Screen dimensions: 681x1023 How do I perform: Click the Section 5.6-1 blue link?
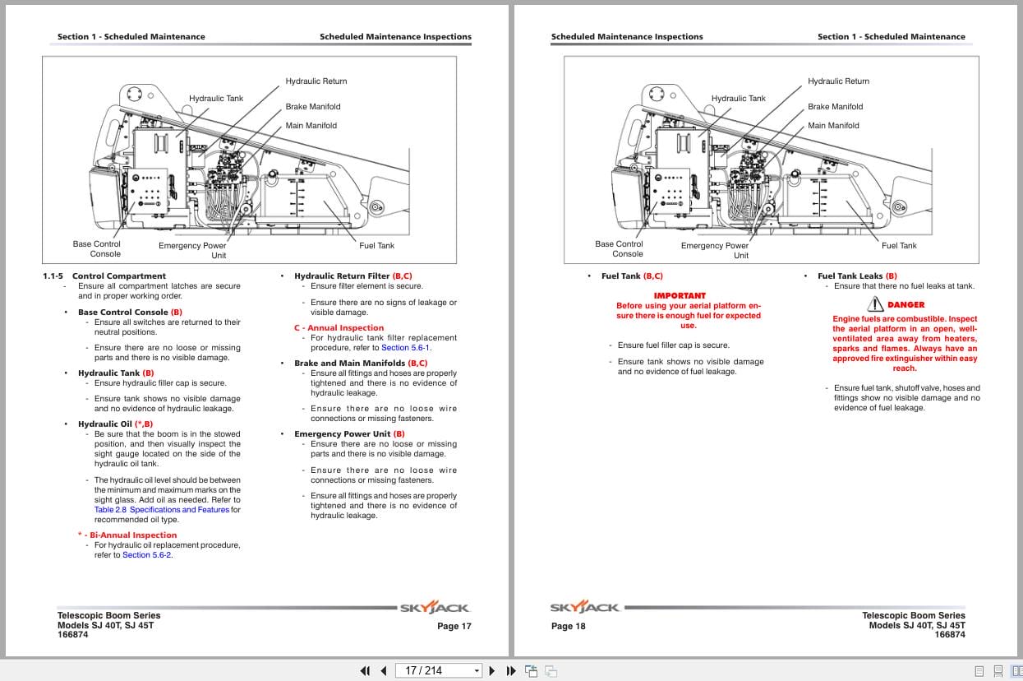pos(405,348)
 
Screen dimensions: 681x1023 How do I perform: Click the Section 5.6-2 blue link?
pos(147,555)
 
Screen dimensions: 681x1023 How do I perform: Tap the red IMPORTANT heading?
pos(679,295)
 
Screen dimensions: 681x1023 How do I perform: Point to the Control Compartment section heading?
pos(118,276)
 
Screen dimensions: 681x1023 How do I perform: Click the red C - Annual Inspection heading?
pos(339,328)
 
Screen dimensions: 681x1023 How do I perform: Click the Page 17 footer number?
pos(454,627)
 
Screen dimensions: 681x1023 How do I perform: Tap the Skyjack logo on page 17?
pos(434,608)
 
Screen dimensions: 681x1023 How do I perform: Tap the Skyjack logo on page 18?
pos(585,608)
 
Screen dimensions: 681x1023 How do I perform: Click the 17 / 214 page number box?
pos(438,670)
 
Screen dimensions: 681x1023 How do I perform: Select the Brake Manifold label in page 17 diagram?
pos(312,107)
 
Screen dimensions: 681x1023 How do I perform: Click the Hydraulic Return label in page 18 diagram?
pos(838,81)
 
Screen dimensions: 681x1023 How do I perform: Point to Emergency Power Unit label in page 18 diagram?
pos(715,250)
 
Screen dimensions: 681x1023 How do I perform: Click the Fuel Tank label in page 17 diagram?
pos(376,246)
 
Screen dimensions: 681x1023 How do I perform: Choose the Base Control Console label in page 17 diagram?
pos(97,248)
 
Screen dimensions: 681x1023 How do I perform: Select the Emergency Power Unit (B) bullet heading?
pos(349,434)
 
